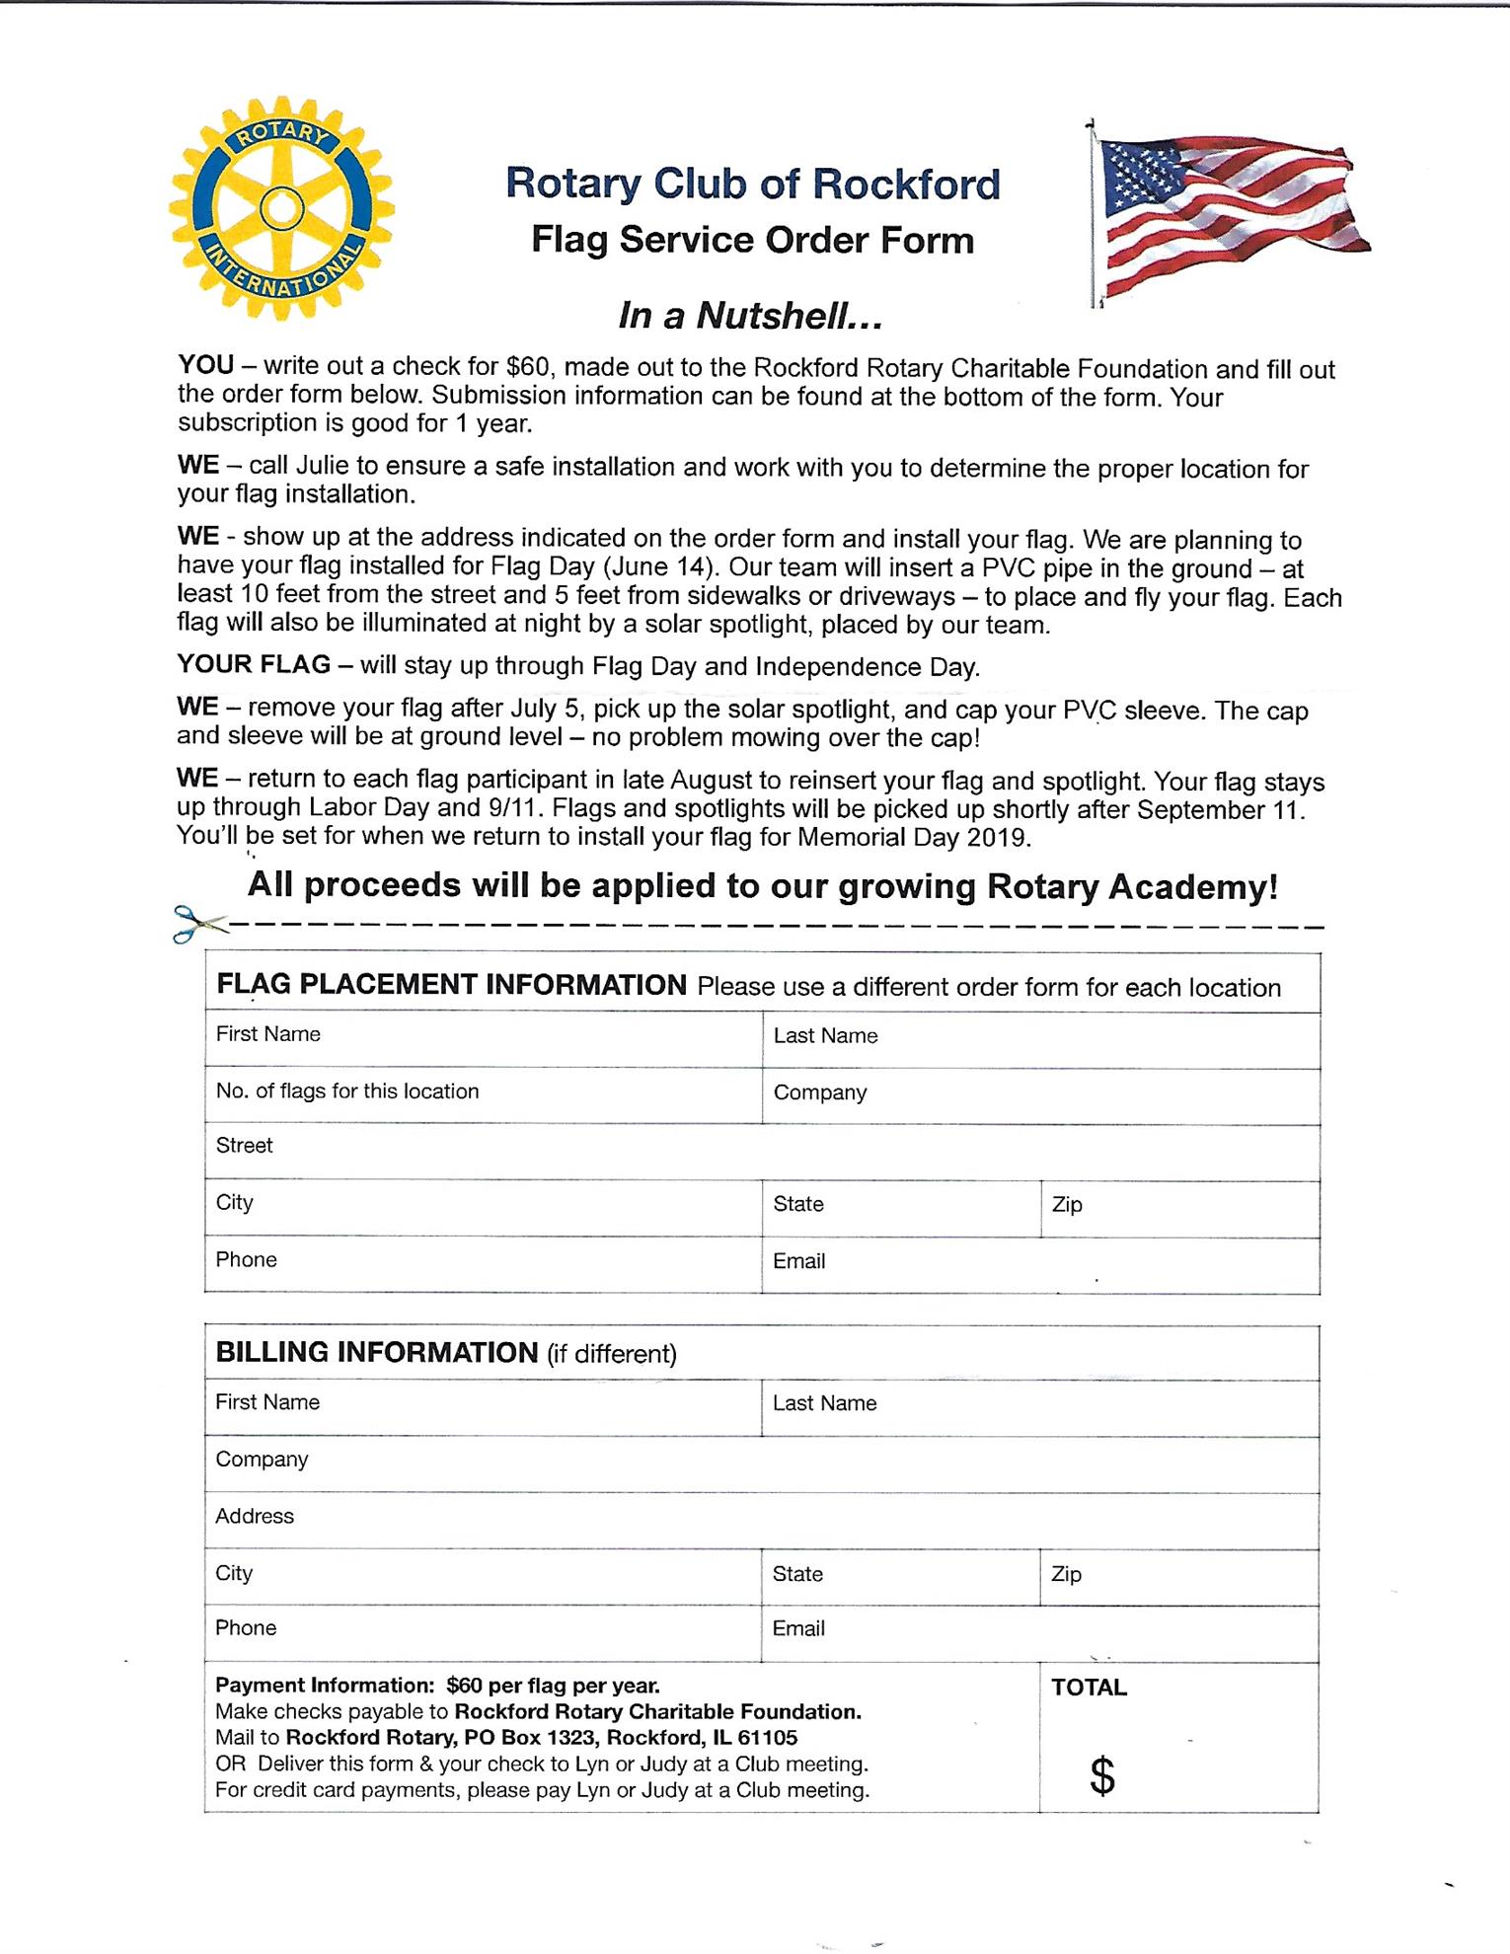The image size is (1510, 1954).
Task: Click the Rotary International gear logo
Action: pyautogui.click(x=281, y=208)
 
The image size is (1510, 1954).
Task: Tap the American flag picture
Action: pyautogui.click(x=1229, y=212)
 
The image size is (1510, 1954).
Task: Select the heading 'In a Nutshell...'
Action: pyautogui.click(x=750, y=316)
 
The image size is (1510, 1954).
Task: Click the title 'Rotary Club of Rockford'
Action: pyautogui.click(x=752, y=185)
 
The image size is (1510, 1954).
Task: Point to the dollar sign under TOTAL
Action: pyautogui.click(x=1102, y=1776)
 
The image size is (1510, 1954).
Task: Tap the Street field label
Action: pyautogui.click(x=245, y=1146)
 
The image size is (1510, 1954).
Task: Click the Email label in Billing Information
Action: pyautogui.click(x=798, y=1628)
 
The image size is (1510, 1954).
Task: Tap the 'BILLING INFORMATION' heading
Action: pyautogui.click(x=376, y=1352)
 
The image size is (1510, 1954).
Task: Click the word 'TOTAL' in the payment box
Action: pyautogui.click(x=1089, y=1688)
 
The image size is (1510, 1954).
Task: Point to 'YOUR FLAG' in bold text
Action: pyautogui.click(x=254, y=664)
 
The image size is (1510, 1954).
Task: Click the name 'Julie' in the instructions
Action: pyautogui.click(x=326, y=466)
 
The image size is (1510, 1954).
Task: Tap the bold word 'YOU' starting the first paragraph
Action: pyautogui.click(x=205, y=365)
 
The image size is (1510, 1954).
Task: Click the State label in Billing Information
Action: pyautogui.click(x=797, y=1574)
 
